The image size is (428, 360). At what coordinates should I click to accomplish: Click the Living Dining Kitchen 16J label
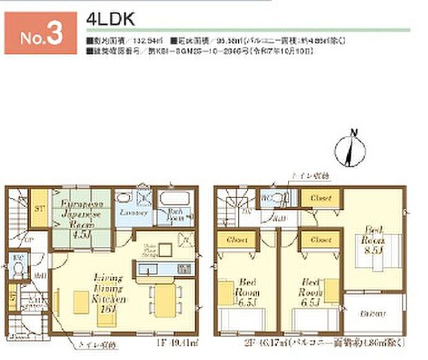point(106,289)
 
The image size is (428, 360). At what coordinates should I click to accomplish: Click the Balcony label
point(373,314)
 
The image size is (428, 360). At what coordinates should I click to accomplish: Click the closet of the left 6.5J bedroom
point(236,239)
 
